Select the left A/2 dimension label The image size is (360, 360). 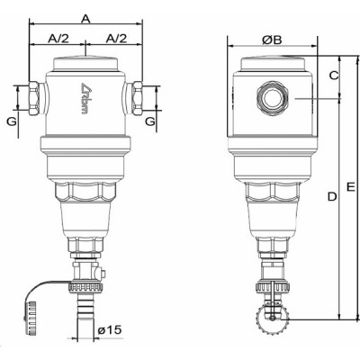tap(56, 39)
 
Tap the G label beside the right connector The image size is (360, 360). tap(150, 120)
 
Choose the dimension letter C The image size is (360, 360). tap(333, 76)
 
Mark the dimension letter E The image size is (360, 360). tap(350, 186)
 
